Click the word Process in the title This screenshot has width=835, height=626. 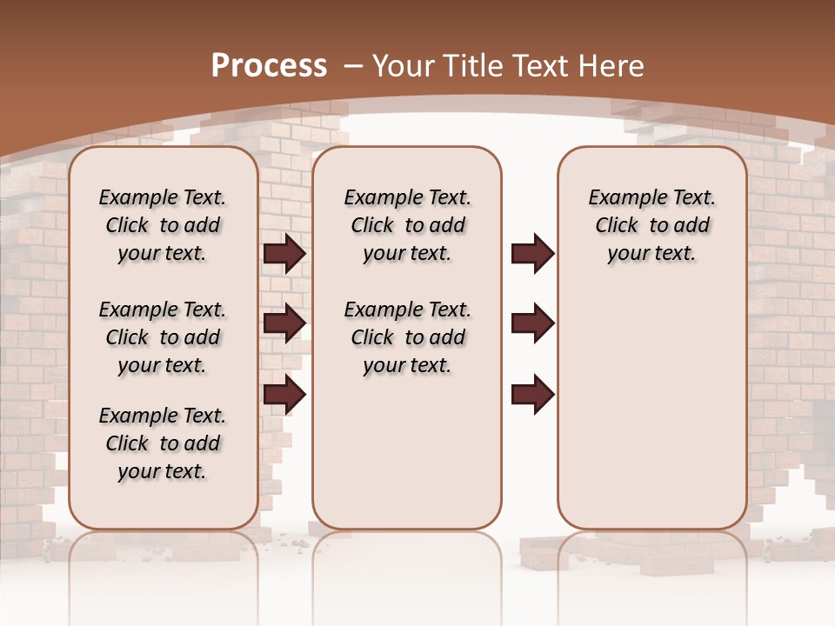click(269, 65)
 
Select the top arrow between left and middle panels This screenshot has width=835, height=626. click(284, 253)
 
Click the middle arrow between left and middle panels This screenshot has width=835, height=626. click(284, 323)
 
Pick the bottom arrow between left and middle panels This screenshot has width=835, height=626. click(284, 395)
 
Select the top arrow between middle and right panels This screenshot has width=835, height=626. click(532, 253)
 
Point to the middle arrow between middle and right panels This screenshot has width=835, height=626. click(532, 323)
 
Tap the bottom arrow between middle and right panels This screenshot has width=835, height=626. click(532, 395)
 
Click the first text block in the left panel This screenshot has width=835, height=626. click(163, 225)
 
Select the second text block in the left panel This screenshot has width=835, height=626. click(163, 337)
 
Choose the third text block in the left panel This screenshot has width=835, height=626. click(163, 443)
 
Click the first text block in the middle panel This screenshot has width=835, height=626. click(407, 225)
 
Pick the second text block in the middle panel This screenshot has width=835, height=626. click(407, 337)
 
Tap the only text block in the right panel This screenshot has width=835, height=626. click(651, 225)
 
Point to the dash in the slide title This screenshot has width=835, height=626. click(353, 65)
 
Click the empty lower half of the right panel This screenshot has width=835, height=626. click(651, 417)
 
